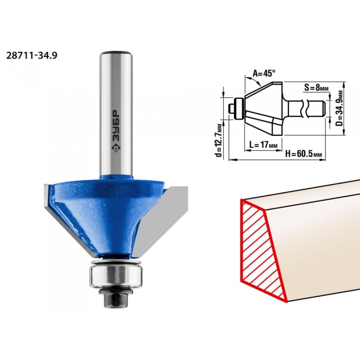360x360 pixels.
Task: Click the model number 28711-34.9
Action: (31, 56)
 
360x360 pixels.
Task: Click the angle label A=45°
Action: (264, 73)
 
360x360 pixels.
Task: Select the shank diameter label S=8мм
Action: (316, 88)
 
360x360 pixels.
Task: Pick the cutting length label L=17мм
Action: (263, 145)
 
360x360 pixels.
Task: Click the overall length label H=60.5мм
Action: (303, 154)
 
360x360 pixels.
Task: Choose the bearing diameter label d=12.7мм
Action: (219, 140)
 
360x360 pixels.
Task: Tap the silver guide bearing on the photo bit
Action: (116, 274)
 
